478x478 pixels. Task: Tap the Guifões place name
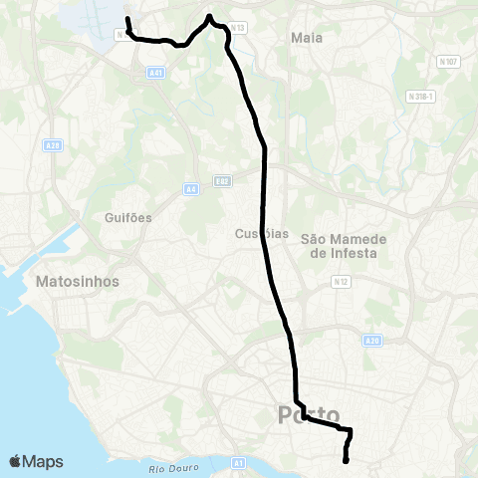[126, 216]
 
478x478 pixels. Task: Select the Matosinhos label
[77, 282]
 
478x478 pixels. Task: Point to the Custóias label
[263, 234]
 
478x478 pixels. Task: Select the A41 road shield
[154, 73]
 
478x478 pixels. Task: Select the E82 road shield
[222, 181]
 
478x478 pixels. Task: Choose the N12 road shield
[342, 282]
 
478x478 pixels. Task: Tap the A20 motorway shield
[372, 340]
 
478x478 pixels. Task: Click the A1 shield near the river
[238, 463]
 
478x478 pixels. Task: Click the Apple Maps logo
[36, 461]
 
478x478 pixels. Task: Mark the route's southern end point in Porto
[346, 460]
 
